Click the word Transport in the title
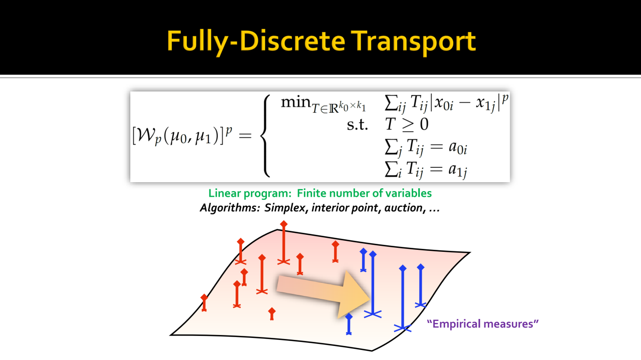[413, 42]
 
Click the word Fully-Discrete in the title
[256, 42]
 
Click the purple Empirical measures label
[483, 324]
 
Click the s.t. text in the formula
[357, 125]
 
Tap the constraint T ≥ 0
[407, 125]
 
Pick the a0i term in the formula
[458, 148]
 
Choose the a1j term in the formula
[458, 170]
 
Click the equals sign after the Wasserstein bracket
[245, 135]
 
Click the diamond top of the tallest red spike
[283, 224]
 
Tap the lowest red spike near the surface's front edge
[272, 314]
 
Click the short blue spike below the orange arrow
[349, 324]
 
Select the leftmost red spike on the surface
[204, 302]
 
